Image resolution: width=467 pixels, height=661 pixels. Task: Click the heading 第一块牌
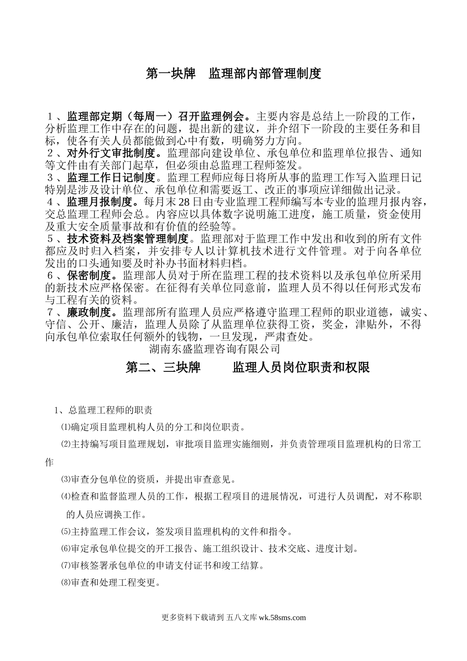(x=171, y=74)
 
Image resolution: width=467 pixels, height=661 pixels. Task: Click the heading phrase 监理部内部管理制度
(x=265, y=74)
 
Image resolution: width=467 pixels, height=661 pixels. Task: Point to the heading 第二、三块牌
(x=163, y=367)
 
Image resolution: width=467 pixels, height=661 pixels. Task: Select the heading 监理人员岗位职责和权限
(x=301, y=367)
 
